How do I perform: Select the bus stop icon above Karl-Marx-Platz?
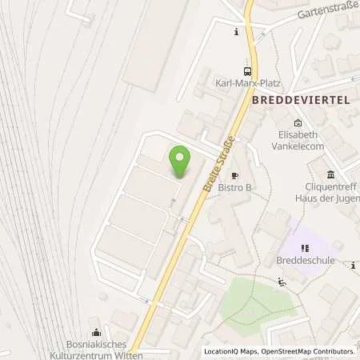point(246,70)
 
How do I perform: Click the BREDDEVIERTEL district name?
point(301,102)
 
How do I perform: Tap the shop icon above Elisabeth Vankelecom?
point(298,122)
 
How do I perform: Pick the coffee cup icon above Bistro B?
point(235,175)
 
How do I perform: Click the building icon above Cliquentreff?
point(330,174)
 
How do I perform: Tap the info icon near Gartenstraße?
point(236,33)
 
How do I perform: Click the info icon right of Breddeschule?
point(353,265)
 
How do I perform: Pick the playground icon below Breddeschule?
point(281,282)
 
